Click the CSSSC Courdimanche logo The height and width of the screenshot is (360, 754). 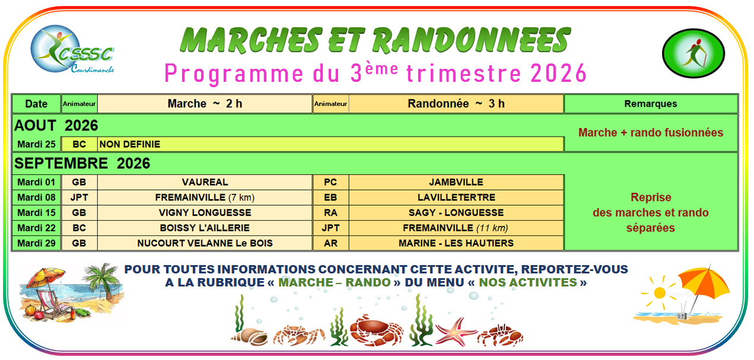point(72,49)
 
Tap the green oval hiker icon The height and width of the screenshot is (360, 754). point(693,53)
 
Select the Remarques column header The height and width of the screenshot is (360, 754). point(651,104)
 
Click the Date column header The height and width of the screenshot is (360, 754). point(36,104)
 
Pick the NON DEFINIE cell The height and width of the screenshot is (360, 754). point(330,144)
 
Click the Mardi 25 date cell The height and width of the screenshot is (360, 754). point(36,144)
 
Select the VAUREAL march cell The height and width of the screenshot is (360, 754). point(205,182)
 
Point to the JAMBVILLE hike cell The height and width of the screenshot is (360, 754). point(456,182)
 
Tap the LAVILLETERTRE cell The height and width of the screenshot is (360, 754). point(456,197)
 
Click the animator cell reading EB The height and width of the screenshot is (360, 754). point(330,197)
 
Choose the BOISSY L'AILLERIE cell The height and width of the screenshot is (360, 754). point(205,228)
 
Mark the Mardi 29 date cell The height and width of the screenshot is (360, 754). point(36,243)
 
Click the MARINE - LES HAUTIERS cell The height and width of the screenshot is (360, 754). point(456,243)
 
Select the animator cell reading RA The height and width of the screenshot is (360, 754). point(330,213)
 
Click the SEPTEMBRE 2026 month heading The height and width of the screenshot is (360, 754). point(82,164)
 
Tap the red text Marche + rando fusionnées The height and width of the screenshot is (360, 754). point(651,133)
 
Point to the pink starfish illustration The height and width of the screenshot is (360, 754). point(455,332)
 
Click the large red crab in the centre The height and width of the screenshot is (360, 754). point(376,330)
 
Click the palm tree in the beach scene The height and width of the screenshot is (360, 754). point(101,283)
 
